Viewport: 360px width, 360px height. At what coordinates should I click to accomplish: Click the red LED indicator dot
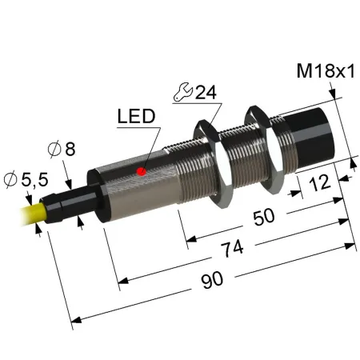tap(141, 171)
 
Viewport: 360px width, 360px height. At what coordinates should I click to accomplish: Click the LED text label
tap(136, 116)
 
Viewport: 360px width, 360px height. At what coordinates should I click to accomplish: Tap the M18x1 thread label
tap(326, 71)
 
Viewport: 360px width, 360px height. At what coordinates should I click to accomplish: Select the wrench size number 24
tap(206, 93)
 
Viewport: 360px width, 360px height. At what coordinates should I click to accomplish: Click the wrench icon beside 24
tap(183, 92)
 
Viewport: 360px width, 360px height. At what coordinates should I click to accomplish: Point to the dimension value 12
tap(319, 183)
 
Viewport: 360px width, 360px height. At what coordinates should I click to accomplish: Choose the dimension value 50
tap(263, 217)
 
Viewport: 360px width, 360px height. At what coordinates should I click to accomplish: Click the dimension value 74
tap(233, 248)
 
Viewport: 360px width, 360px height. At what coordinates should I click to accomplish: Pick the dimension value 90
tap(212, 280)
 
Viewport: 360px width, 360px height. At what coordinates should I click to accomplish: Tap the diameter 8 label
tap(62, 149)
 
